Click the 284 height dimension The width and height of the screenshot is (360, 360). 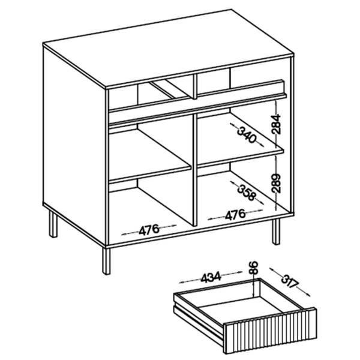pyautogui.click(x=276, y=124)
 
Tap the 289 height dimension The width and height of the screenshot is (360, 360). pyautogui.click(x=276, y=183)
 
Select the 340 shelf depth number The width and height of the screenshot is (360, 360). pyautogui.click(x=247, y=135)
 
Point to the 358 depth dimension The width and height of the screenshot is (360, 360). pyautogui.click(x=247, y=193)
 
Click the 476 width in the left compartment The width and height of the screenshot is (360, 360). pyautogui.click(x=149, y=230)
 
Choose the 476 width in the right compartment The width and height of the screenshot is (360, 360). pyautogui.click(x=235, y=215)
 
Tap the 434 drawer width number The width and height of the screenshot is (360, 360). pyautogui.click(x=211, y=277)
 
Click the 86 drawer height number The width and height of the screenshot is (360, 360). pyautogui.click(x=253, y=268)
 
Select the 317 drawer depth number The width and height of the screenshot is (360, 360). pyautogui.click(x=290, y=281)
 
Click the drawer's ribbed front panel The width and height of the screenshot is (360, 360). pyautogui.click(x=271, y=331)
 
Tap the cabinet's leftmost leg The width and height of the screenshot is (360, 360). pyautogui.click(x=53, y=224)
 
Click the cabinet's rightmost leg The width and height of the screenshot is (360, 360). pyautogui.click(x=276, y=231)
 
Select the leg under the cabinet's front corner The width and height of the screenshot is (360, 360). pyautogui.click(x=106, y=261)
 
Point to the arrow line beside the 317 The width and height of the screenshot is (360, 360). pyautogui.click(x=290, y=282)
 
